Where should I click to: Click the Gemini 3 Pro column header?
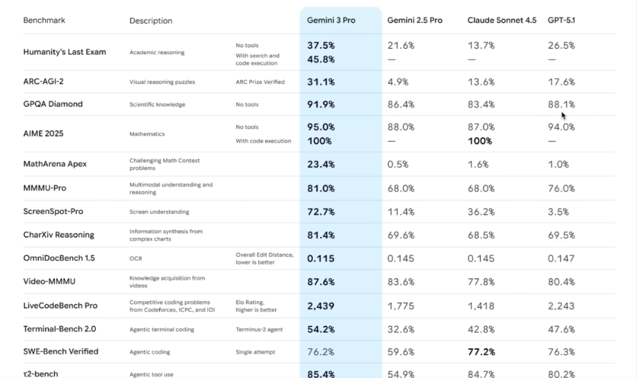click(331, 20)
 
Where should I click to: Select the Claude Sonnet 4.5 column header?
click(502, 20)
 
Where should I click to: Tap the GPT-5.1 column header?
click(561, 20)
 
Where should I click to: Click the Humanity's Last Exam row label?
click(64, 52)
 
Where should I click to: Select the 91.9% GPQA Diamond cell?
click(321, 105)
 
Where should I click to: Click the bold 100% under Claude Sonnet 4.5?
click(480, 141)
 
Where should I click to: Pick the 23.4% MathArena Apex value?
click(321, 164)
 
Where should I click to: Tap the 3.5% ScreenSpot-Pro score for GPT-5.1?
click(558, 212)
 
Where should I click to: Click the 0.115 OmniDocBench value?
click(321, 258)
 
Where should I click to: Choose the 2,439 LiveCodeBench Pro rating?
click(321, 306)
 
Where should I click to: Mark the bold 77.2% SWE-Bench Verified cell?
click(481, 352)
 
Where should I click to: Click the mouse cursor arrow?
click(563, 115)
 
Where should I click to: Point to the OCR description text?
click(135, 258)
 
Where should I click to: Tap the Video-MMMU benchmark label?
click(49, 282)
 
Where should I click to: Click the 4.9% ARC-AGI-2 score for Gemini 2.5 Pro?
click(398, 82)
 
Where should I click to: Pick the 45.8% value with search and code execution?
click(321, 60)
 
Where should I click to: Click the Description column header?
click(151, 21)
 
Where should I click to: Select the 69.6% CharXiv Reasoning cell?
click(401, 235)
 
